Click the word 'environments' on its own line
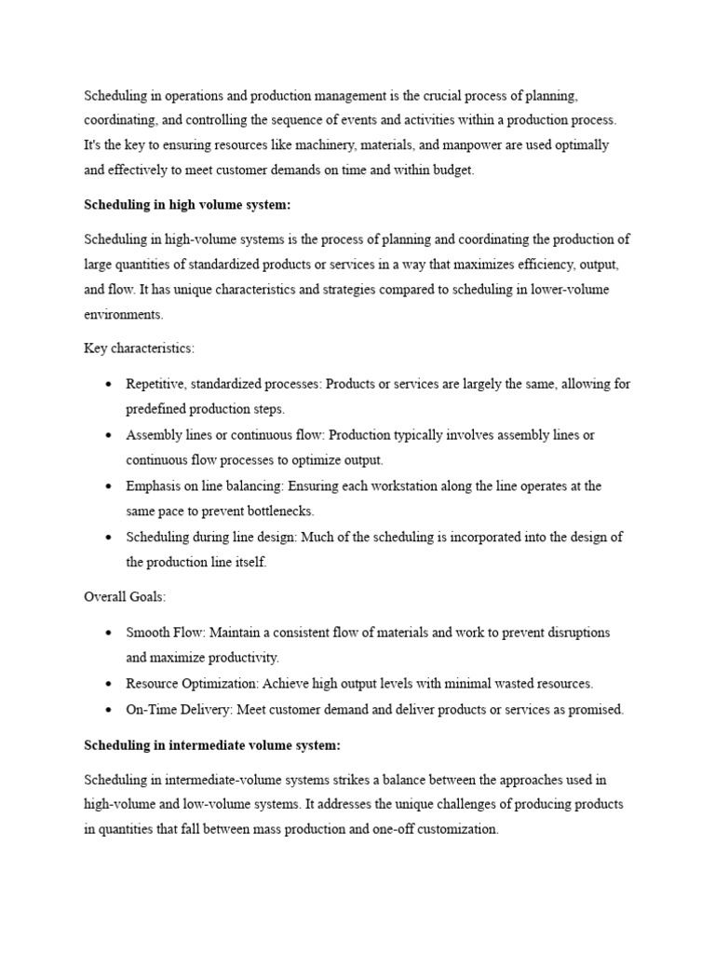point(123,315)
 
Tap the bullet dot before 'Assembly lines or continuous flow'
point(109,436)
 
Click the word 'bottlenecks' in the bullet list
point(280,511)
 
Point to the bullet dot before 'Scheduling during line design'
point(109,538)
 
